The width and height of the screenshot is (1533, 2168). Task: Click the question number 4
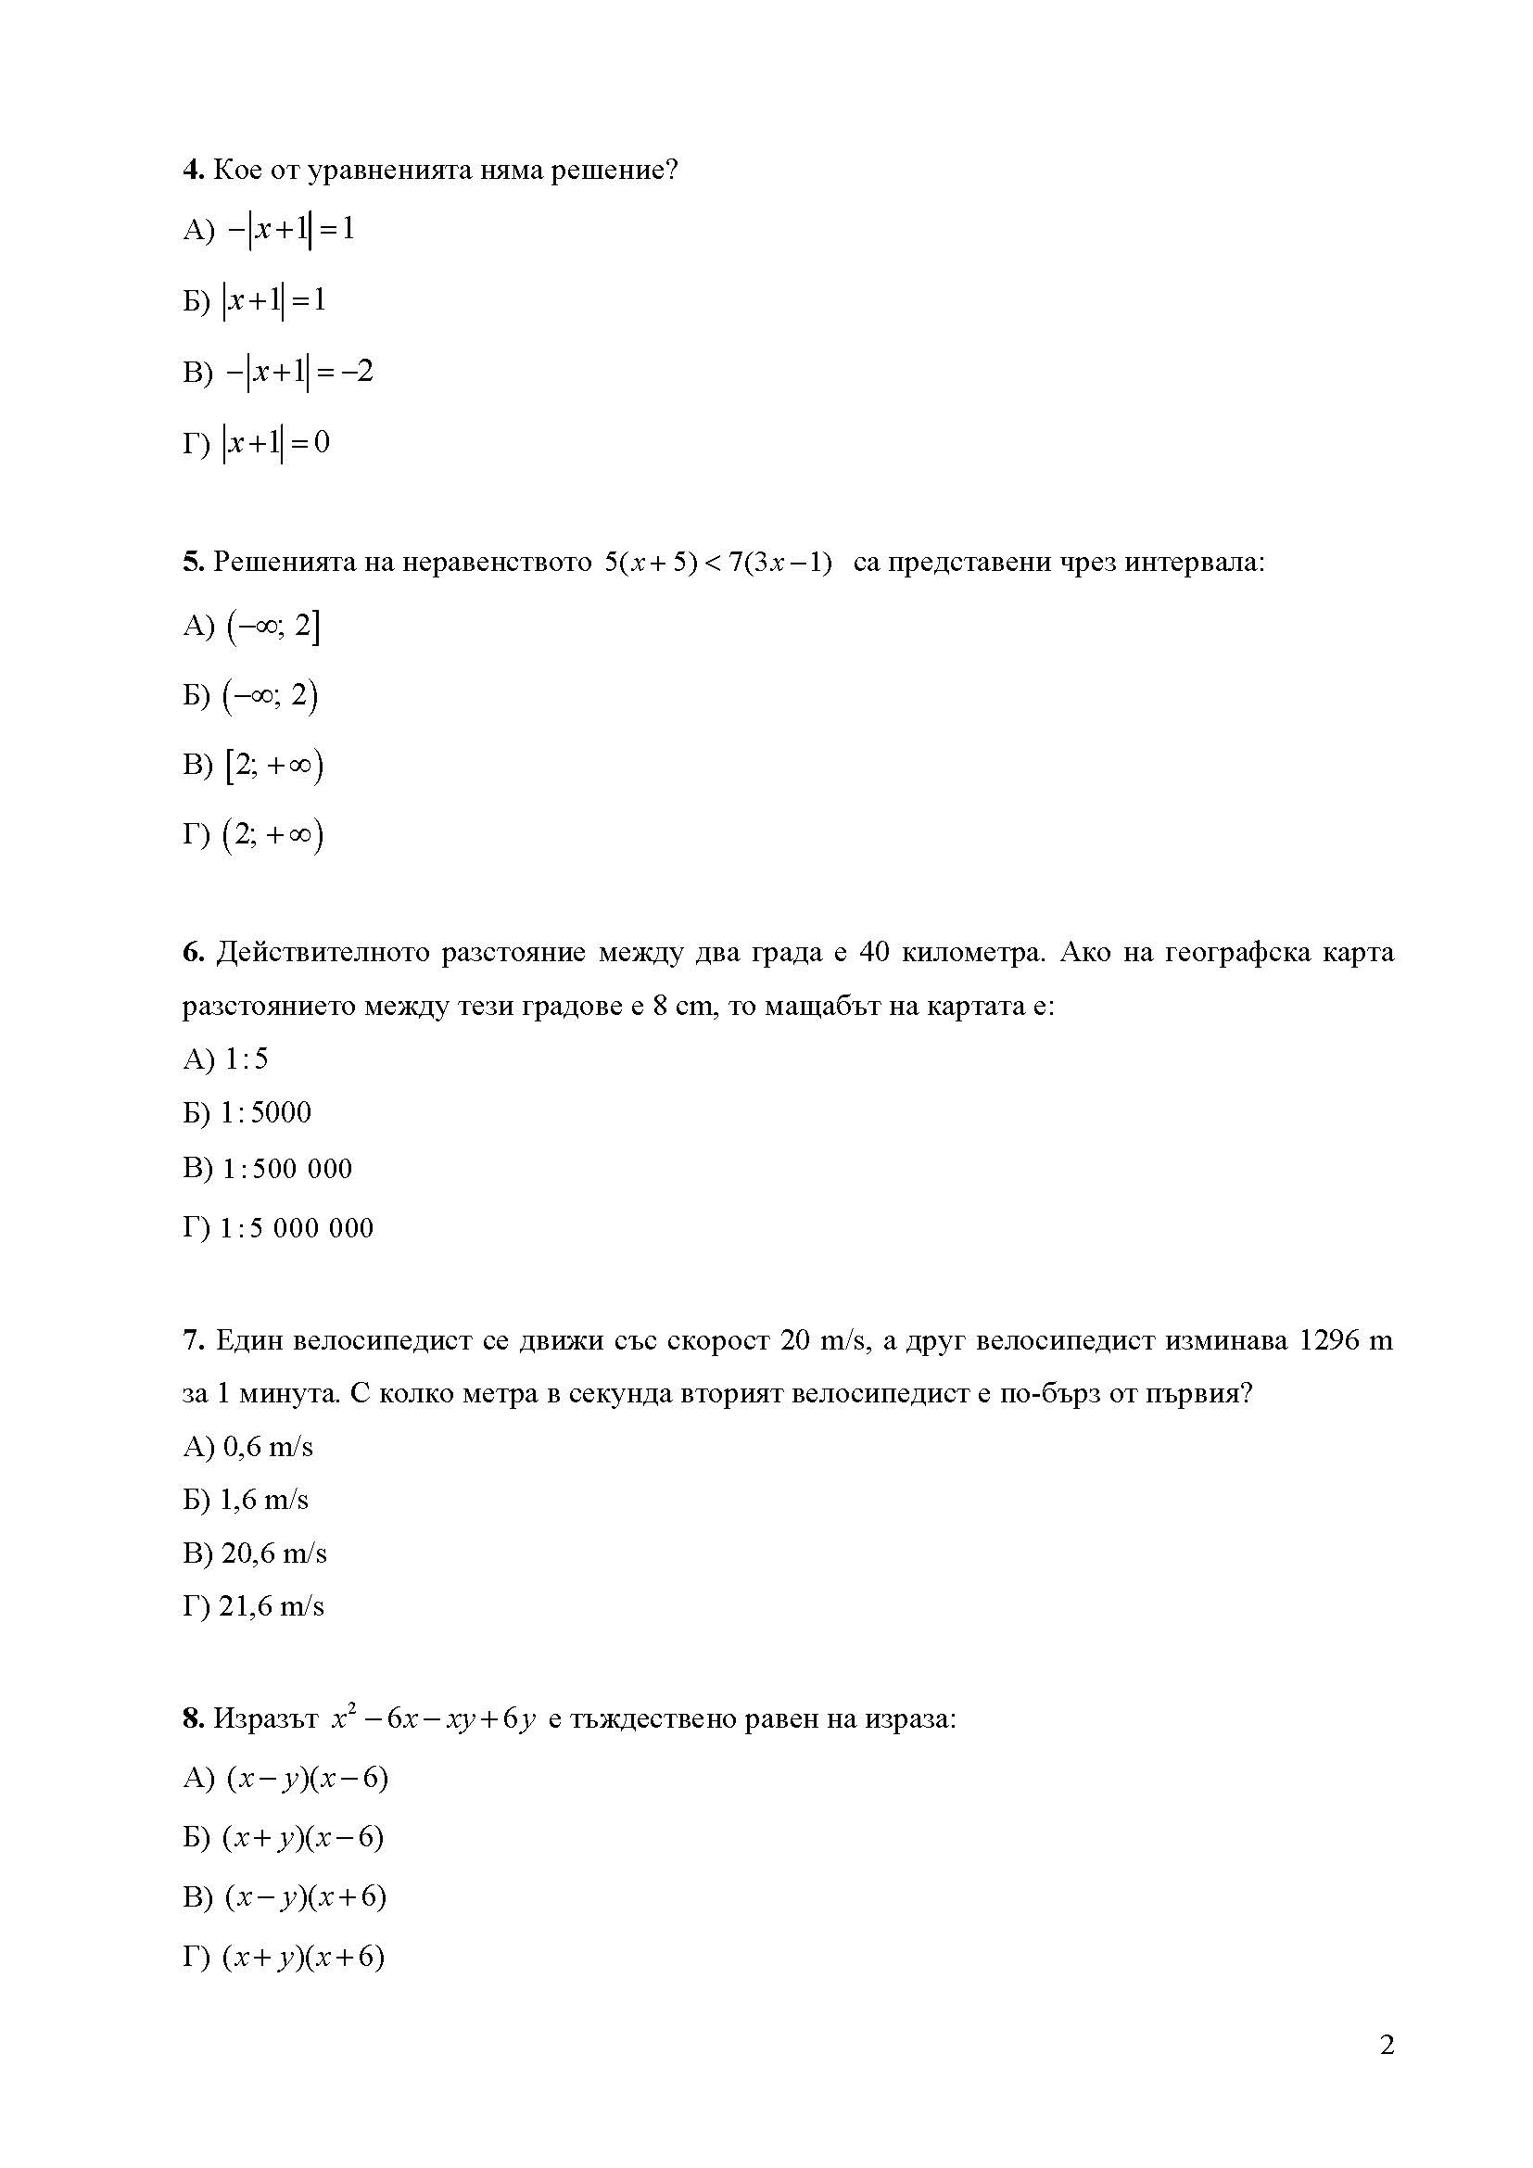[193, 171]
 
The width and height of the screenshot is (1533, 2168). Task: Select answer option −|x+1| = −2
[298, 372]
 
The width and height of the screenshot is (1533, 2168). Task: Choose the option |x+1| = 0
[275, 443]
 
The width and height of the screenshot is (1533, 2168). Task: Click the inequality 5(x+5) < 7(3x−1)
[717, 563]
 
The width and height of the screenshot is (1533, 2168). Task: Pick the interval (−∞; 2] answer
[272, 626]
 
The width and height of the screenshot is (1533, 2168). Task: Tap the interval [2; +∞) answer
[273, 766]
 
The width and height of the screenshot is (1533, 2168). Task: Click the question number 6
[193, 953]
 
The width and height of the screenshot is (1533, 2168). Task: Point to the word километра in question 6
[972, 953]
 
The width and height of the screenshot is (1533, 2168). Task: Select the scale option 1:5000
[266, 1113]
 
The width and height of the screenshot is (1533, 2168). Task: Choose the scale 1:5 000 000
[297, 1228]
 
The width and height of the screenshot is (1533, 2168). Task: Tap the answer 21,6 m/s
[272, 1606]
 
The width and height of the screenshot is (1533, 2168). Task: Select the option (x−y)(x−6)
[307, 1779]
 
